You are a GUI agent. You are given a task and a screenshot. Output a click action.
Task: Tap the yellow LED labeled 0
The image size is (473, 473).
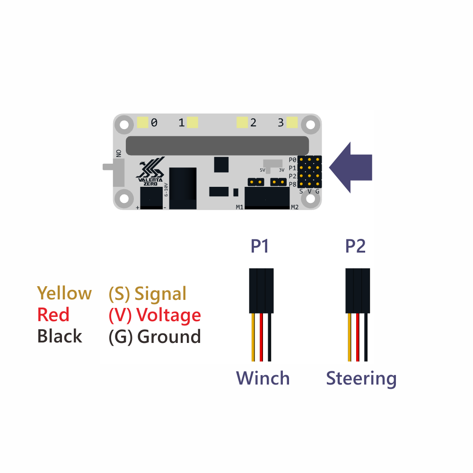(x=142, y=123)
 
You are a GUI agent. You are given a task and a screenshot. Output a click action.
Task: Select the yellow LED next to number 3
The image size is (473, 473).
(x=292, y=123)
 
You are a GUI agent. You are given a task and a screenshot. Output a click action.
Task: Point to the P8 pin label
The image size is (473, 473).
(x=292, y=184)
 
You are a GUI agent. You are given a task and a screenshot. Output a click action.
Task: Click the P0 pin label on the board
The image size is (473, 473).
(x=292, y=160)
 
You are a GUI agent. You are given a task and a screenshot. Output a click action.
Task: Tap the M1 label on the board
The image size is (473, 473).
(x=240, y=207)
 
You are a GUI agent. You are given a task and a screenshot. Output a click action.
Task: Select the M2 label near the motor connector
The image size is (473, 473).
(x=295, y=207)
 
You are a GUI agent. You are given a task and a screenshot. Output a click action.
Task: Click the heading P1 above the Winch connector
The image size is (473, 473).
(x=260, y=246)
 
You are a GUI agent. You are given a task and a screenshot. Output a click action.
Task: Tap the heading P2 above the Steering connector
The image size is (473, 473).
(x=355, y=246)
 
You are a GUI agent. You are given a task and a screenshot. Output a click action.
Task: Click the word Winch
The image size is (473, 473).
(x=263, y=378)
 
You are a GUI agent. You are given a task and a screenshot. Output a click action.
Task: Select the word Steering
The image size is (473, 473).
(x=361, y=378)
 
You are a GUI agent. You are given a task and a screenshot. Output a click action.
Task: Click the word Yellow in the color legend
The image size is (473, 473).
(x=64, y=293)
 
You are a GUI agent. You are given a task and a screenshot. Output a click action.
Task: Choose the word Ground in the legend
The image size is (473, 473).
(x=169, y=337)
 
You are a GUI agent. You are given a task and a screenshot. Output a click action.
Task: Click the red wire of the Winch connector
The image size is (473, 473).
(x=261, y=337)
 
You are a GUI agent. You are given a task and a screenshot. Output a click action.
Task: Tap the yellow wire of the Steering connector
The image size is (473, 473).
(x=350, y=337)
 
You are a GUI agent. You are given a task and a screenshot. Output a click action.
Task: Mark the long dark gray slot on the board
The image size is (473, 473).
(x=217, y=146)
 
